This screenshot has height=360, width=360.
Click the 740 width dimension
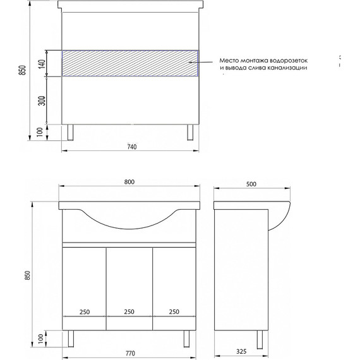coord(131,147)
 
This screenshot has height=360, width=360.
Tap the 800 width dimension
coord(129,182)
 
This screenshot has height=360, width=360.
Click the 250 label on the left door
coord(84,311)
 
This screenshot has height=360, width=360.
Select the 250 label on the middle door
coord(129,311)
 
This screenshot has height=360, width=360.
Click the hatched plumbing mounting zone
coord(129,63)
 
